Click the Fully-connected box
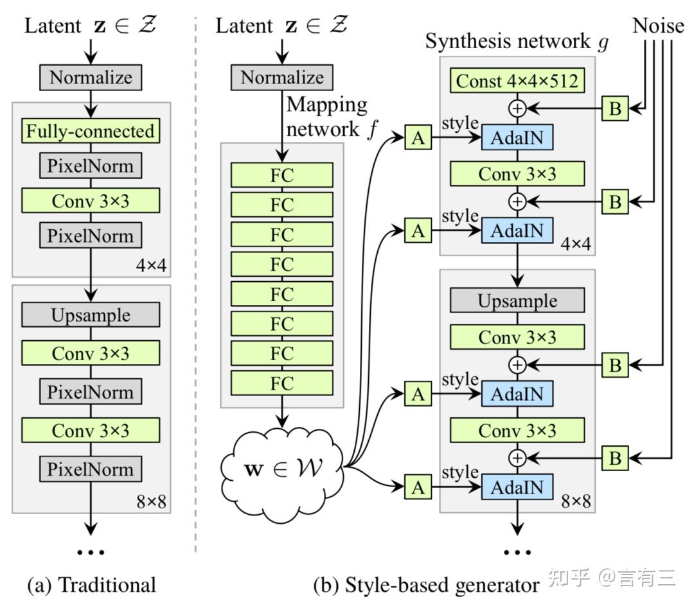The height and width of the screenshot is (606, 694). pyautogui.click(x=90, y=131)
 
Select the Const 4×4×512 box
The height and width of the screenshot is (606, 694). pyautogui.click(x=517, y=81)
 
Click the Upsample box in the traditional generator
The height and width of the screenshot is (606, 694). pyautogui.click(x=90, y=315)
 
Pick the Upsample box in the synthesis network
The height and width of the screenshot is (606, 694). pyautogui.click(x=517, y=300)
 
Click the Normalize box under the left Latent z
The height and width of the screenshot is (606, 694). pyautogui.click(x=90, y=78)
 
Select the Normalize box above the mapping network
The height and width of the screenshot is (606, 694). pyautogui.click(x=282, y=78)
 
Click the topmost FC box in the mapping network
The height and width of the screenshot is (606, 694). pyautogui.click(x=282, y=175)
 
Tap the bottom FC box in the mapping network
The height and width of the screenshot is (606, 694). pyautogui.click(x=282, y=383)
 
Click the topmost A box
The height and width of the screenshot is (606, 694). pyautogui.click(x=418, y=138)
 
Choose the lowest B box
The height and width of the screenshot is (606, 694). pyautogui.click(x=615, y=458)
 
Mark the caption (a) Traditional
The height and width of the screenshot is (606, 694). pyautogui.click(x=91, y=585)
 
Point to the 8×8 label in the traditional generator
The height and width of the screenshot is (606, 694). pyautogui.click(x=152, y=501)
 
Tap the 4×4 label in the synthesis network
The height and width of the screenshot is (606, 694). pyautogui.click(x=576, y=245)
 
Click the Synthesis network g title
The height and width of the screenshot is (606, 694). pyautogui.click(x=517, y=42)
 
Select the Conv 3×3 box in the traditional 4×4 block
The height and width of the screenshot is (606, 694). pyautogui.click(x=90, y=200)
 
